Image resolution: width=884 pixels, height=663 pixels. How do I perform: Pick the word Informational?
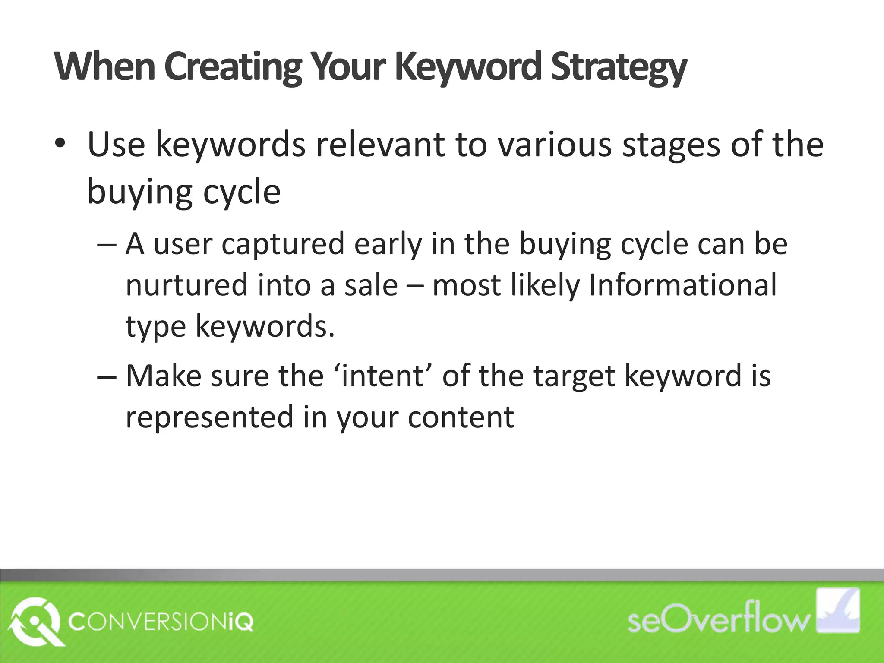(x=682, y=285)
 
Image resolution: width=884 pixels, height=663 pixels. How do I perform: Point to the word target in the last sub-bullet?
(x=574, y=376)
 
